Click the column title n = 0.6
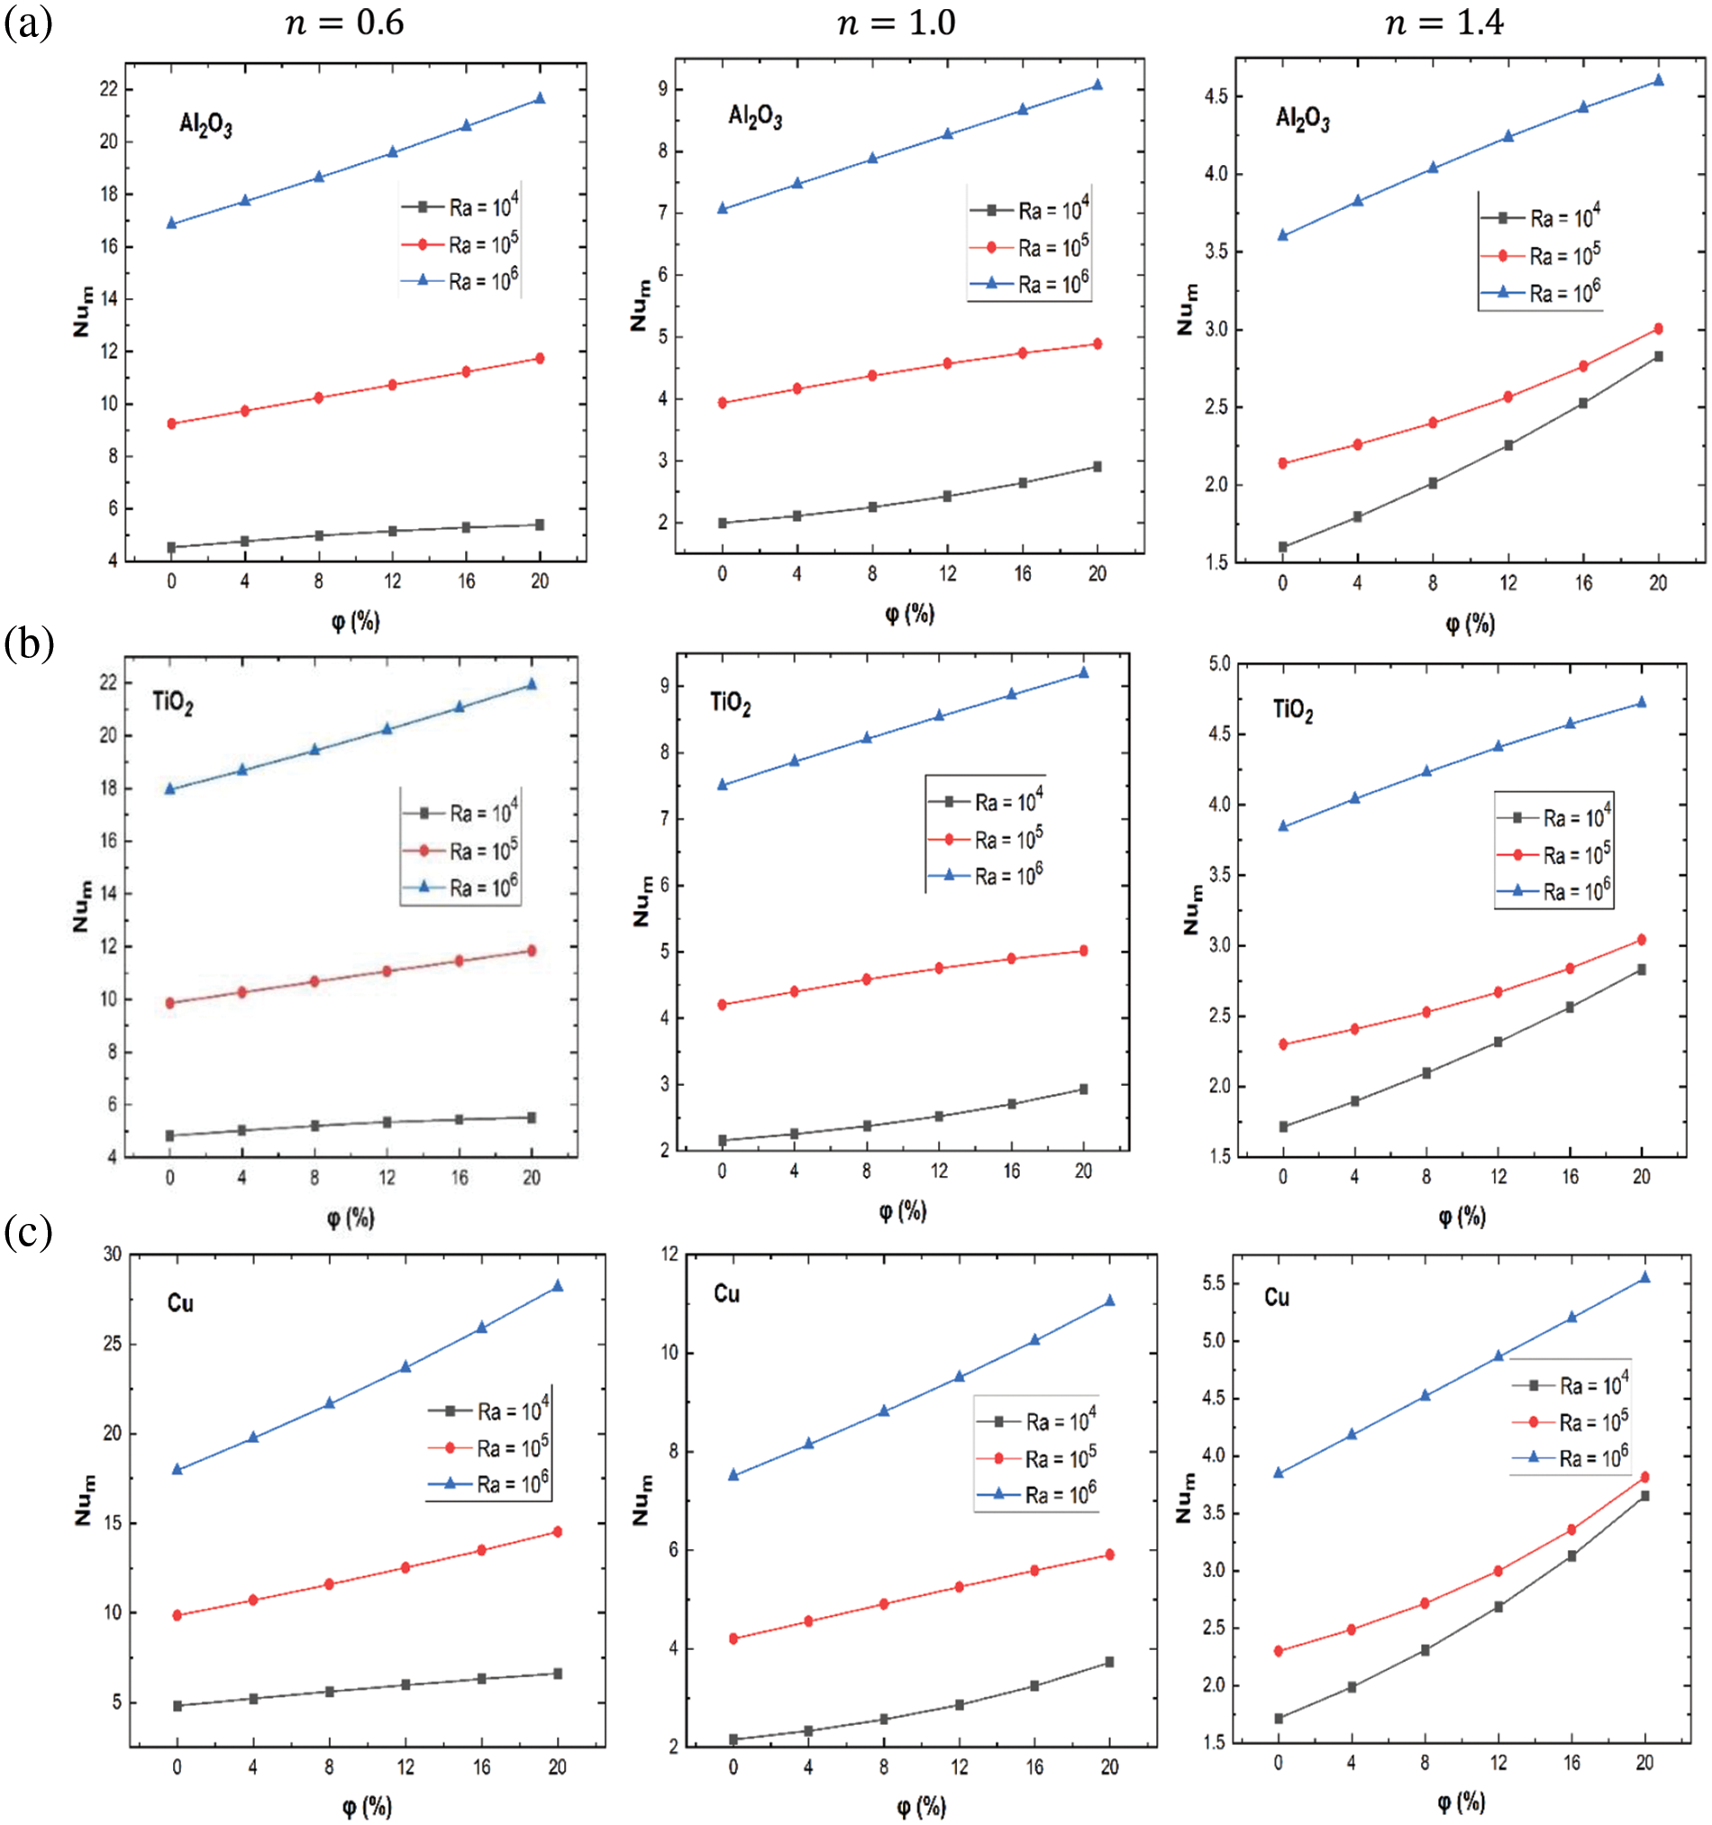(x=345, y=21)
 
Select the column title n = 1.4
(x=1444, y=21)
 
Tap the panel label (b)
(x=29, y=643)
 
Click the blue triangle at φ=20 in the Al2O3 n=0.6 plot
(x=540, y=98)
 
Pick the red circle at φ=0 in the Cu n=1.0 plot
(x=733, y=1638)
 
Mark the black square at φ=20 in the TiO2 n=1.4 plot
(x=1642, y=970)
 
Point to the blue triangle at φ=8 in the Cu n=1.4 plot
(x=1425, y=1395)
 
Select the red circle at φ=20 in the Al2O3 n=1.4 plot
(x=1658, y=329)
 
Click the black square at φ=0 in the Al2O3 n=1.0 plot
(x=723, y=524)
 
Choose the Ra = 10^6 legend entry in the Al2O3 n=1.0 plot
(x=1031, y=284)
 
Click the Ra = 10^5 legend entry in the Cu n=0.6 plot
(x=489, y=1447)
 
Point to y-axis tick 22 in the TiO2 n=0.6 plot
(x=108, y=683)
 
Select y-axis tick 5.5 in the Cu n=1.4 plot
(x=1213, y=1282)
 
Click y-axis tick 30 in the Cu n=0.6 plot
(x=112, y=1254)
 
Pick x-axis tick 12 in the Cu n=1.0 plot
(x=960, y=1767)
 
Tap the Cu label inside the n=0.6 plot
(x=180, y=1303)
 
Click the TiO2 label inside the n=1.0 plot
(x=730, y=703)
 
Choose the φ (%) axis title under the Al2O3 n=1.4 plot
(x=1470, y=625)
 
